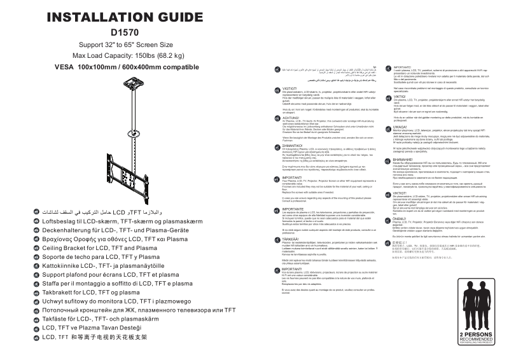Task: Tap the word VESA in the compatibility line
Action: [x=64, y=67]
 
